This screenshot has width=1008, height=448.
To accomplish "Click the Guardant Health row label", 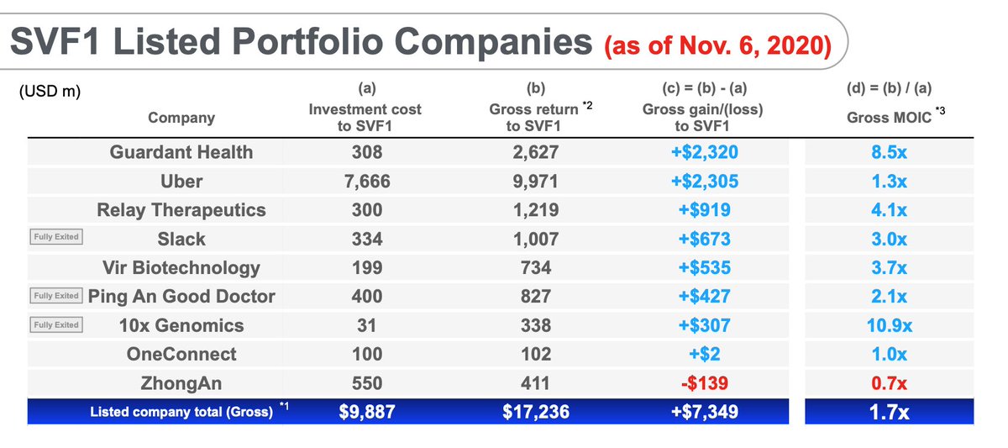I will tap(181, 152).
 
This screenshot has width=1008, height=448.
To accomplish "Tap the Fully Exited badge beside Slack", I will tap(56, 237).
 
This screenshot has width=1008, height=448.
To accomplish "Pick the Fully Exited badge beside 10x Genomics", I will tap(56, 325).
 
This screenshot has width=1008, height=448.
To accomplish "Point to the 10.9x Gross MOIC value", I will tap(889, 325).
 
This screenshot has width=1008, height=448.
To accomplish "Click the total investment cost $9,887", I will tap(365, 413).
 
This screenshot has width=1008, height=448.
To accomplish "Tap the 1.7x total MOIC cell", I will tap(889, 413).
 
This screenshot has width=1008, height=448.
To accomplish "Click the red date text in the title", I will tap(717, 44).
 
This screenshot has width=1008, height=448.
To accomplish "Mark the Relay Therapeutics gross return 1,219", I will tap(534, 210).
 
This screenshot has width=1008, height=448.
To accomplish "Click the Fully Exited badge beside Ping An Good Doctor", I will tap(56, 296).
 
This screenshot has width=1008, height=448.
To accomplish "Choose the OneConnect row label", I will tap(181, 354).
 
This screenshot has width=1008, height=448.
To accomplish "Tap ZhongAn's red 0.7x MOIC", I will tap(889, 383).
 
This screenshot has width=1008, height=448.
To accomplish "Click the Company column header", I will tap(181, 118).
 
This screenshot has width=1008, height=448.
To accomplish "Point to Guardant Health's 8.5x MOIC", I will tap(889, 152).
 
